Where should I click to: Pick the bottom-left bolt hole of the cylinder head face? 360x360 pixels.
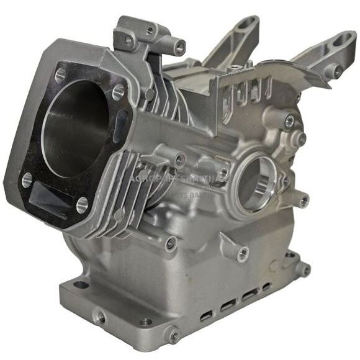[x=27, y=180]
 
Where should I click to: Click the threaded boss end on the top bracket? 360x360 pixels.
[x=179, y=45]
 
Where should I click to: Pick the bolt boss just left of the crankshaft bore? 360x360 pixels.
[x=223, y=171]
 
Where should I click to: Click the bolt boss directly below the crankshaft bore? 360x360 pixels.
[x=244, y=253]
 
